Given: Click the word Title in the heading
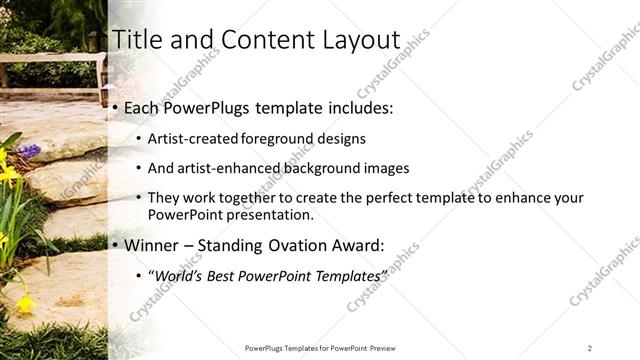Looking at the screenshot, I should [x=137, y=40].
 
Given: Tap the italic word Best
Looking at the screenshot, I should [x=223, y=275].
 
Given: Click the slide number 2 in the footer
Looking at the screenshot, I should [x=589, y=348].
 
